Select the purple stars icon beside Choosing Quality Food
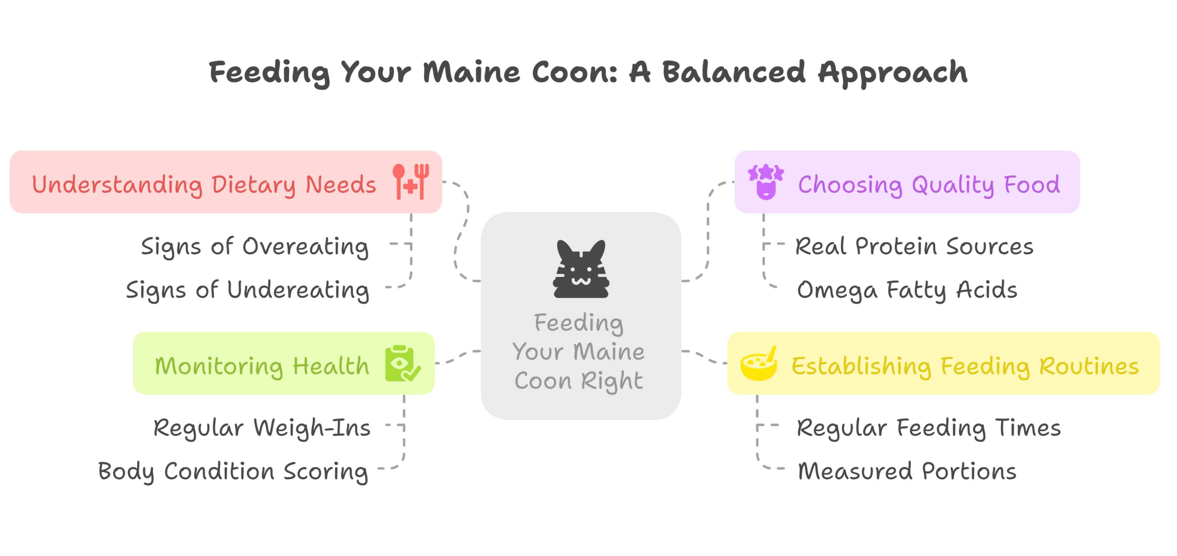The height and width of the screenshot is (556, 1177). pyautogui.click(x=766, y=181)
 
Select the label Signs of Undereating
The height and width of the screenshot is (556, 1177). pyautogui.click(x=247, y=290)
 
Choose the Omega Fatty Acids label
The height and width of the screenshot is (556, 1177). pyautogui.click(x=907, y=290)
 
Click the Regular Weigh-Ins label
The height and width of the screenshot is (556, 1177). pyautogui.click(x=262, y=428)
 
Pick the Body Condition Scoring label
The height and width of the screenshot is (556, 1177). pyautogui.click(x=233, y=471)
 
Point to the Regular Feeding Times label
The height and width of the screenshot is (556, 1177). pyautogui.click(x=928, y=428)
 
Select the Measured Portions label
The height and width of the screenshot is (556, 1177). pyautogui.click(x=907, y=471)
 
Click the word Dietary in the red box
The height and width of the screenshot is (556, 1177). pyautogui.click(x=254, y=185)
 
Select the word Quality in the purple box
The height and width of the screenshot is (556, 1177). pyautogui.click(x=953, y=185)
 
